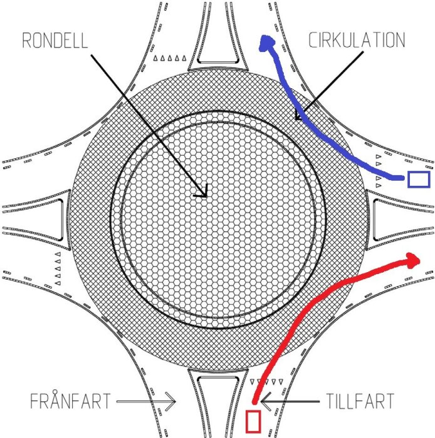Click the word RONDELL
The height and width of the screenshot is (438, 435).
point(55,40)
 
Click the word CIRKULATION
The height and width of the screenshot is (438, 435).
point(357,40)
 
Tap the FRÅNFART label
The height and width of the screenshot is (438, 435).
point(70,401)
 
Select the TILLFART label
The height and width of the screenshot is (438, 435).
point(360,401)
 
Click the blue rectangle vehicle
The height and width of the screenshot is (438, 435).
point(419,180)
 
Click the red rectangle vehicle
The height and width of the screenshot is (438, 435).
point(253,421)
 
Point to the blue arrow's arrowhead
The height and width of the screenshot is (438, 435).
point(266,43)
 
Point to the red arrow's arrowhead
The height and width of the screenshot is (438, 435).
point(412,261)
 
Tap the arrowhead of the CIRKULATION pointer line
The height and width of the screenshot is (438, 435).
point(300,116)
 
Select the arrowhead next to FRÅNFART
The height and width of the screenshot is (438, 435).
point(170,402)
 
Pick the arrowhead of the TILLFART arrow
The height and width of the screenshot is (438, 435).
point(266,402)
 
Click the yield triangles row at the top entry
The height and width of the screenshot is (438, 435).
point(170,58)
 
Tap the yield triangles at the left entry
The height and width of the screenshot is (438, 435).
point(58,268)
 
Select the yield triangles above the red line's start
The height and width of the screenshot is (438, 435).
point(266,381)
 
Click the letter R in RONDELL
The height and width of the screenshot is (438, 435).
point(26,40)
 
